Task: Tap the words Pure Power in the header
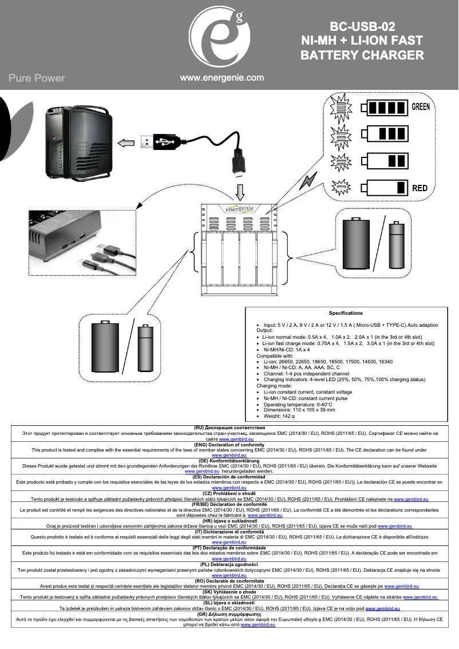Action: coord(37,78)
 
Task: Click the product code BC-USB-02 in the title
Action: coord(362,26)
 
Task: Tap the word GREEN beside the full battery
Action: coord(421,106)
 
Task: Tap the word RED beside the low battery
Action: coord(420,188)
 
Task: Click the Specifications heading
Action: coord(345,313)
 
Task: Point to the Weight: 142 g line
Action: coord(280,416)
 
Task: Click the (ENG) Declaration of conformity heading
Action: coord(229,445)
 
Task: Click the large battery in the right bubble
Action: coord(358,243)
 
